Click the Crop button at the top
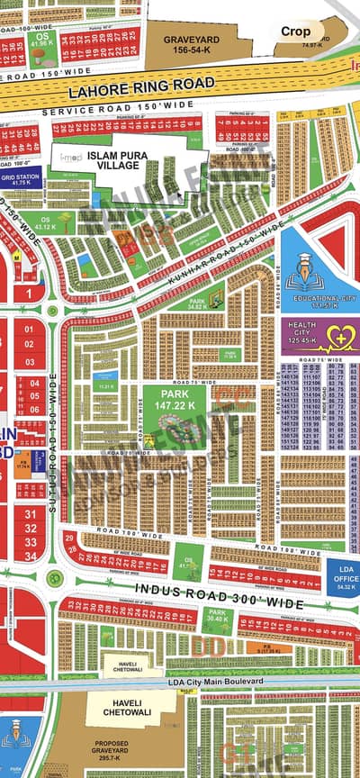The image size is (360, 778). [295, 31]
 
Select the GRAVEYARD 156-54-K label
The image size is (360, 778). [191, 45]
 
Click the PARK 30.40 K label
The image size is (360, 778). [219, 618]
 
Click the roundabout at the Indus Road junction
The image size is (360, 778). [56, 576]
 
